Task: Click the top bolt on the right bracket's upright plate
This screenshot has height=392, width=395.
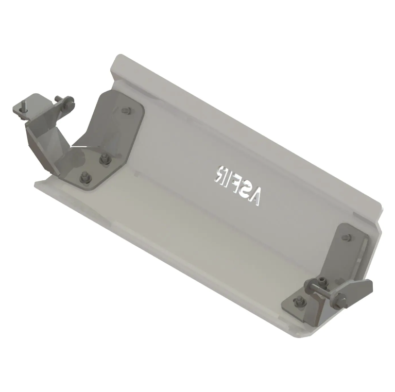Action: point(346,237)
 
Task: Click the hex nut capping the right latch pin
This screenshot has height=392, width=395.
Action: point(340,298)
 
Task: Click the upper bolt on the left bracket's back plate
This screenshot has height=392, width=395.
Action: point(125,110)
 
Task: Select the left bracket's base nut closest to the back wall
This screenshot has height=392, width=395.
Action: point(106,158)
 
